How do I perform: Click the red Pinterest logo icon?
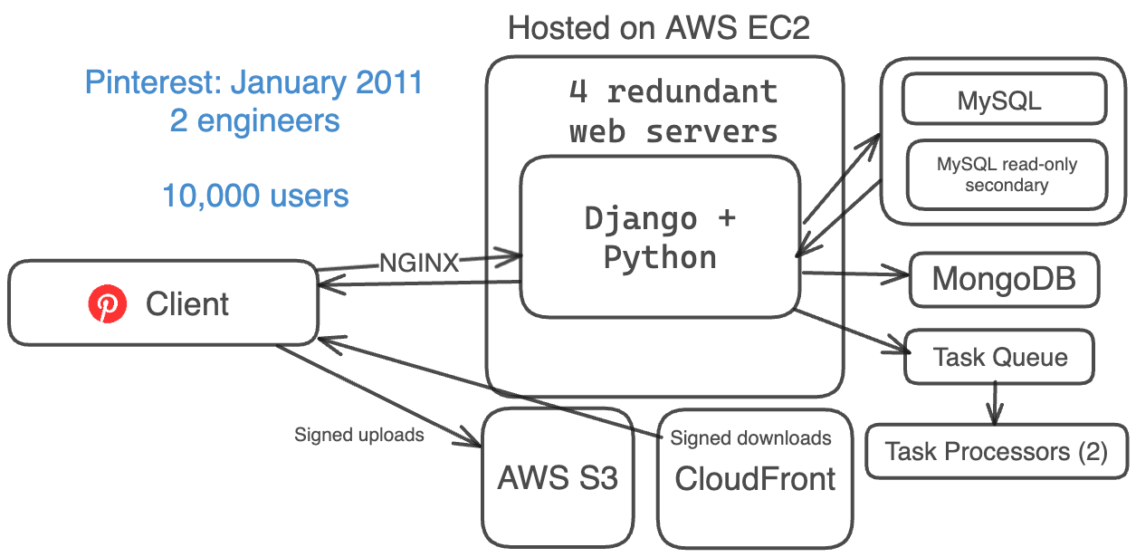108,304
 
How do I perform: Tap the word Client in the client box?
187,304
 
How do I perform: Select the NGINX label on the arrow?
419,264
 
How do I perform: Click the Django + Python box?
660,237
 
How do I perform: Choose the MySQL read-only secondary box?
1007,175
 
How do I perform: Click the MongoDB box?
1004,279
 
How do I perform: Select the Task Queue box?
1000,357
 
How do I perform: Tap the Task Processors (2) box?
996,451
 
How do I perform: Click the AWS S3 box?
558,477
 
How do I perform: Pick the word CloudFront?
755,479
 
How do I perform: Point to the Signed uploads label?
359,435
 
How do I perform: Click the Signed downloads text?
750,439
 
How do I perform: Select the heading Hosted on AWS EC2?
659,28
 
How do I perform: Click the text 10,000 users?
255,196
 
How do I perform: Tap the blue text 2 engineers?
254,120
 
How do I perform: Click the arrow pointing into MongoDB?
855,274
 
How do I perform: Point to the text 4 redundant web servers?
673,111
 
